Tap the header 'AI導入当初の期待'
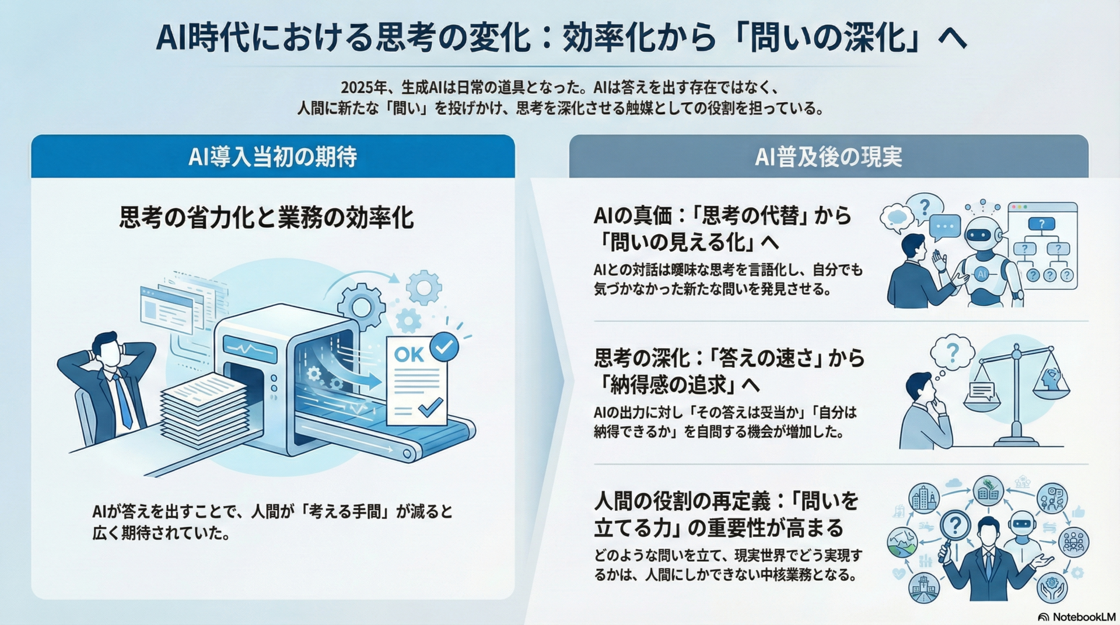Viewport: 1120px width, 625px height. [272, 157]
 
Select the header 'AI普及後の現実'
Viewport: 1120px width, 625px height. [828, 157]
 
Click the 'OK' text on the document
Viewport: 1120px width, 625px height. [409, 354]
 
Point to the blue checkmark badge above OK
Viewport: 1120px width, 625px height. [444, 346]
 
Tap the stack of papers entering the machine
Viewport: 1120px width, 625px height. [204, 408]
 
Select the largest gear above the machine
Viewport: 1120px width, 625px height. [361, 306]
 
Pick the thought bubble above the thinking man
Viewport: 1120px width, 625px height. [952, 352]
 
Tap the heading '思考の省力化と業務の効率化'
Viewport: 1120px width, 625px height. [267, 217]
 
